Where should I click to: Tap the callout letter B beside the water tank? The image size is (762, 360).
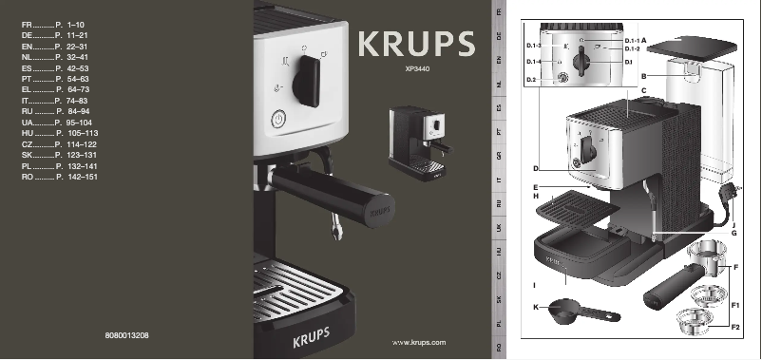tap(643, 74)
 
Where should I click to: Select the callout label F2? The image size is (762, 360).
tap(735, 327)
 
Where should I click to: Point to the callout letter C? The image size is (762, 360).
tap(643, 89)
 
